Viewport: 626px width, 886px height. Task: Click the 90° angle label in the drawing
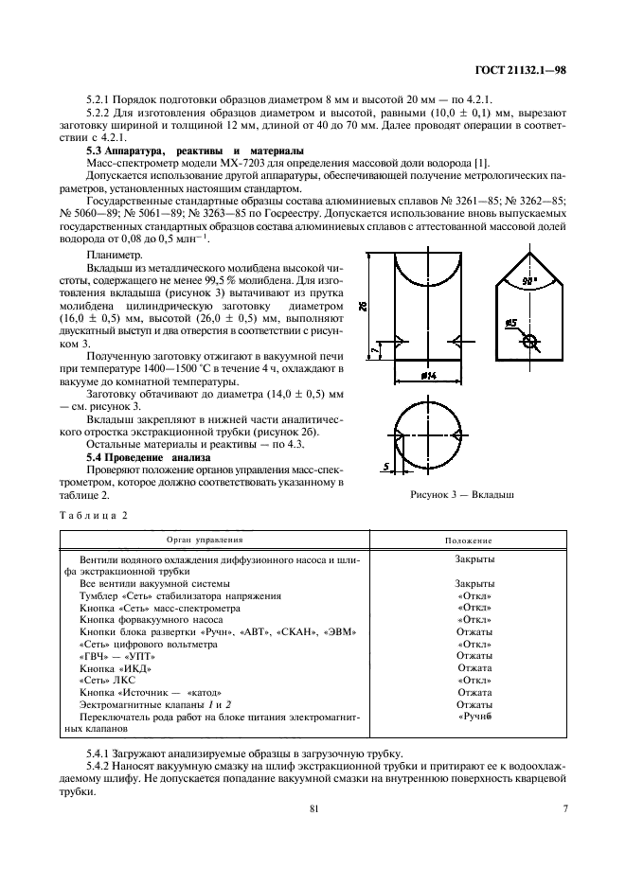528,281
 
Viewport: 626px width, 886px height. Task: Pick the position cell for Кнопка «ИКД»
474,668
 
